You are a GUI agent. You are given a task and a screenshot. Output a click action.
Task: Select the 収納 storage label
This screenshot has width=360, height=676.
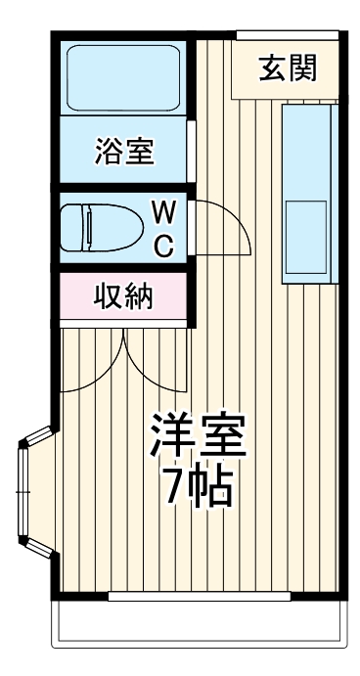[123, 294]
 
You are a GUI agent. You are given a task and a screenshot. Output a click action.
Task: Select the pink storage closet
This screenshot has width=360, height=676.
[123, 295]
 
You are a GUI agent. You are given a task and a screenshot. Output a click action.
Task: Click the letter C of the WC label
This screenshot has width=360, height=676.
[164, 245]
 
